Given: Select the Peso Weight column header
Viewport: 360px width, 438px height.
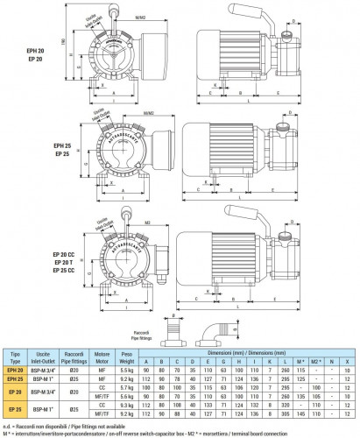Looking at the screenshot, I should [x=124, y=356].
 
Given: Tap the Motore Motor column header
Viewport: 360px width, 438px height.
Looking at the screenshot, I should [x=102, y=356].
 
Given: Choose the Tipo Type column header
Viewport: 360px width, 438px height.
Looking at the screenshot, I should [x=15, y=356].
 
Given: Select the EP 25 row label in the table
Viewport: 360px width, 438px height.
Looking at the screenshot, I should [x=15, y=408].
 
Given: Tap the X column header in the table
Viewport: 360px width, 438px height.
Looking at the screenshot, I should [x=348, y=360].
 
